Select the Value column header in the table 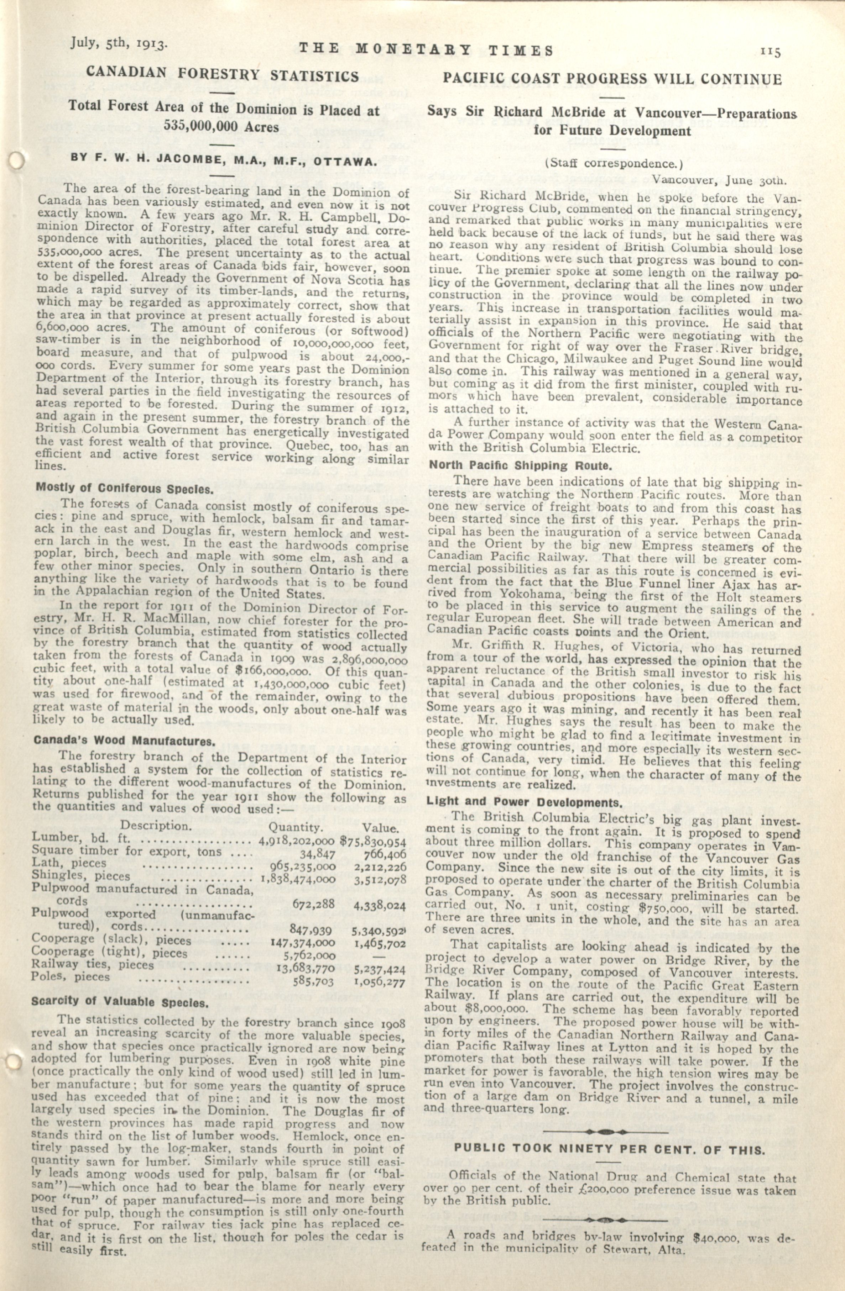pyautogui.click(x=380, y=829)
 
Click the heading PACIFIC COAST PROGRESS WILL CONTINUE pyautogui.click(x=612, y=79)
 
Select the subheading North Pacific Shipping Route pyautogui.click(x=520, y=465)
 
